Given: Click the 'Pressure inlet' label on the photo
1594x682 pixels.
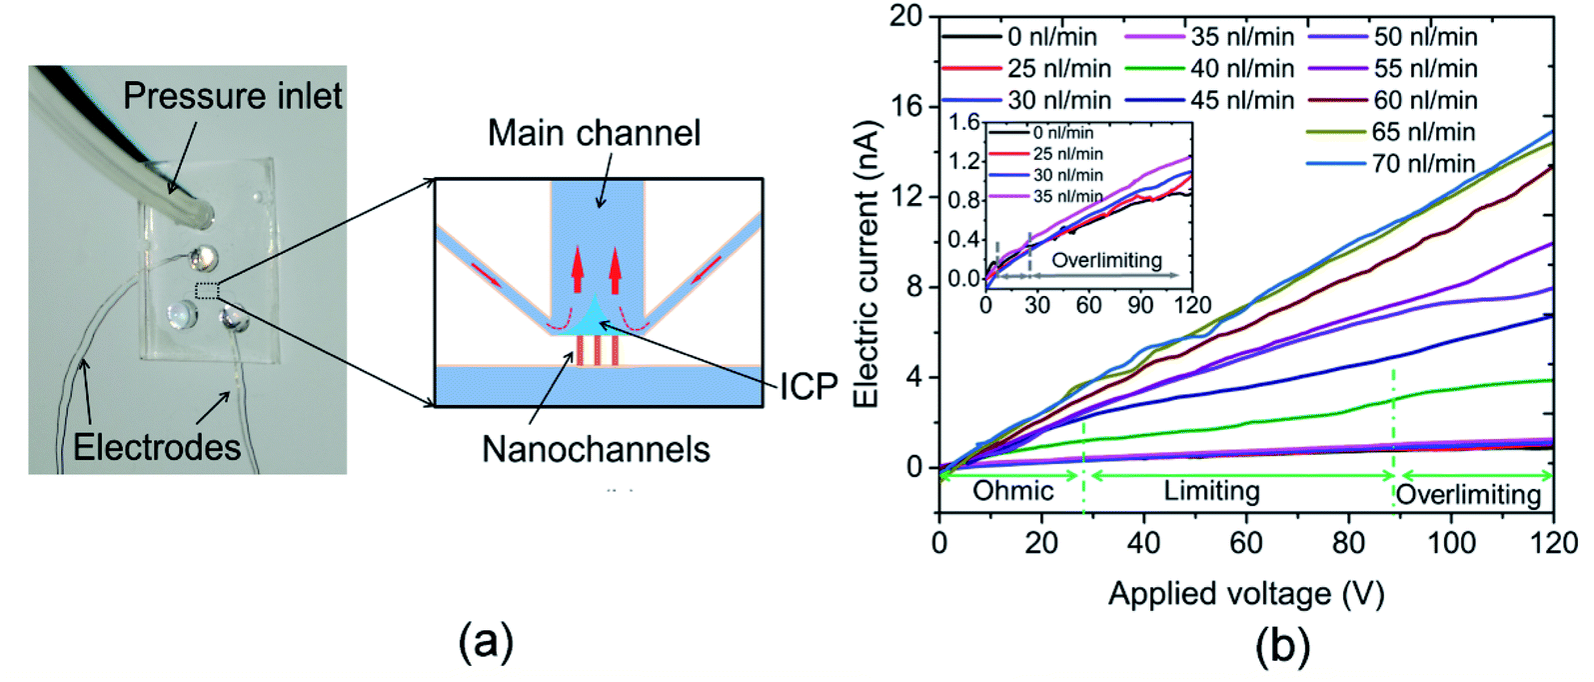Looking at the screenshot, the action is click(x=232, y=96).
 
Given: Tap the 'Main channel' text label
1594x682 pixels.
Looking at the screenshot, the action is click(x=595, y=133).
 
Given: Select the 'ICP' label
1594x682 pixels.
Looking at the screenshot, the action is click(x=808, y=387).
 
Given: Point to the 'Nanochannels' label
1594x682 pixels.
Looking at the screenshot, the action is click(x=597, y=449).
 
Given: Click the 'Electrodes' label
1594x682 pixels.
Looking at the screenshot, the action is click(x=157, y=447).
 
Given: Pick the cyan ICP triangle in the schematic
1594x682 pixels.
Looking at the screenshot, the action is click(x=597, y=317).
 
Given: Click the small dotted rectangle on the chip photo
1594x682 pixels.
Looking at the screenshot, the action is click(x=207, y=291).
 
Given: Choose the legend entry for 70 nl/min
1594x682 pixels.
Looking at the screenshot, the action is click(x=1391, y=164).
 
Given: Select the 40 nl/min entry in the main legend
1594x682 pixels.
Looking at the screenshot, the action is click(x=1209, y=68).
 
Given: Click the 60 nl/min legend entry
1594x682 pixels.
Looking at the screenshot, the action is click(x=1392, y=100).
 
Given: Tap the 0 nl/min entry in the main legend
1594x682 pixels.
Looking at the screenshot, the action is click(x=1019, y=36).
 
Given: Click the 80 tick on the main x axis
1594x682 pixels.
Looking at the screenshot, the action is click(x=1349, y=543).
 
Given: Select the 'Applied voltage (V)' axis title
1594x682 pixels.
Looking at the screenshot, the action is click(x=1247, y=593).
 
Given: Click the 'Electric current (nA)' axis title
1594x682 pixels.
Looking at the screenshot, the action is click(x=867, y=263).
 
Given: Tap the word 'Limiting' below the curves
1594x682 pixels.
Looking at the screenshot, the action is click(x=1212, y=490).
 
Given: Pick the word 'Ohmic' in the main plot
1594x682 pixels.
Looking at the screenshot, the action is click(x=1013, y=490).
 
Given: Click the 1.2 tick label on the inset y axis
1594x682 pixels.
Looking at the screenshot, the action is click(x=964, y=161).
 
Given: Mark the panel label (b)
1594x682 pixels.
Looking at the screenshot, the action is click(x=1282, y=646).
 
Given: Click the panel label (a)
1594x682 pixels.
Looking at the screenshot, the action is click(x=486, y=642).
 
